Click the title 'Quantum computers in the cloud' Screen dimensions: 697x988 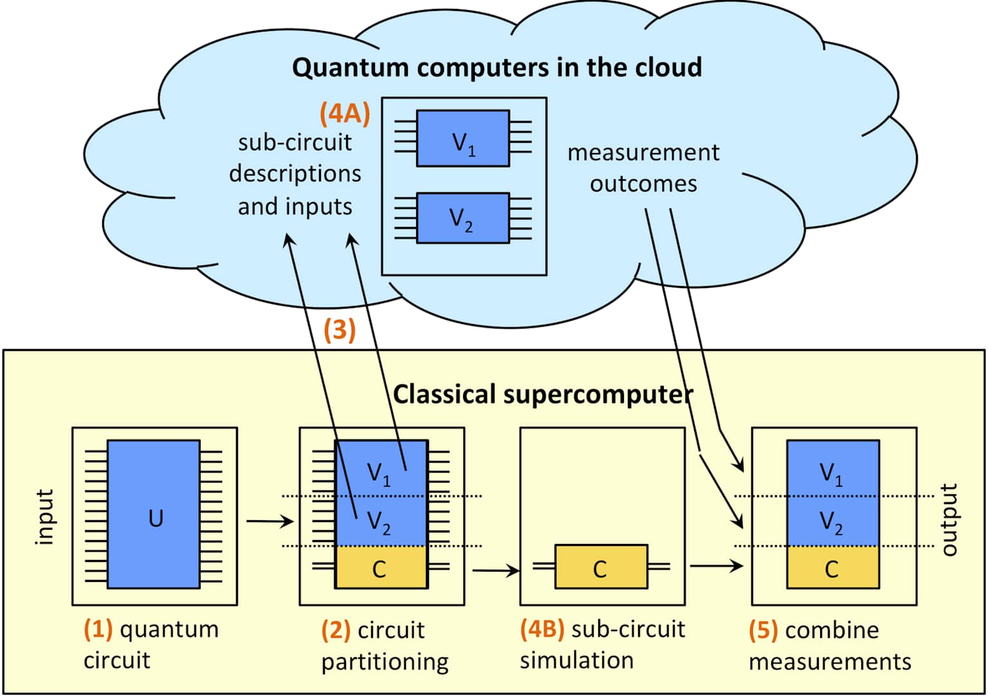click(x=497, y=68)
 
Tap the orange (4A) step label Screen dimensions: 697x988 click(x=345, y=113)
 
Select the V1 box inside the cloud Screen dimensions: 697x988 click(x=462, y=139)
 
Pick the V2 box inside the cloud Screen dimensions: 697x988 click(x=462, y=218)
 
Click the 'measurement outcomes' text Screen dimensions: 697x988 click(x=643, y=168)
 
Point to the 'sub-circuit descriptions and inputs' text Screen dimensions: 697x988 click(x=295, y=174)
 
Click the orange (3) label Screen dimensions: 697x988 click(x=340, y=329)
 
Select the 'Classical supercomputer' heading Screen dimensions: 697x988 click(x=542, y=394)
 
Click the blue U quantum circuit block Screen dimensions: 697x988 click(x=154, y=514)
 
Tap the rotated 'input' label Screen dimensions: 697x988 click(x=44, y=517)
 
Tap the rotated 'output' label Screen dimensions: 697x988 click(x=949, y=520)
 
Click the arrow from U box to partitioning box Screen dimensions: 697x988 click(x=269, y=521)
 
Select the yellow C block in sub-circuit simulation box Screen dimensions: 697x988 click(x=601, y=567)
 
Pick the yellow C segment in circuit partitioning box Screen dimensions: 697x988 click(x=381, y=568)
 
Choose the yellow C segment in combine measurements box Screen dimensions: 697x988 click(x=832, y=568)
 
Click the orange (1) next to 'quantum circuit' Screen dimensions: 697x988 click(x=98, y=628)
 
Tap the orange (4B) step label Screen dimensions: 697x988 click(x=542, y=628)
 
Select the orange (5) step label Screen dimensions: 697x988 click(x=764, y=629)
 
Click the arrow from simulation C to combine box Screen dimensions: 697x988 click(x=716, y=566)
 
